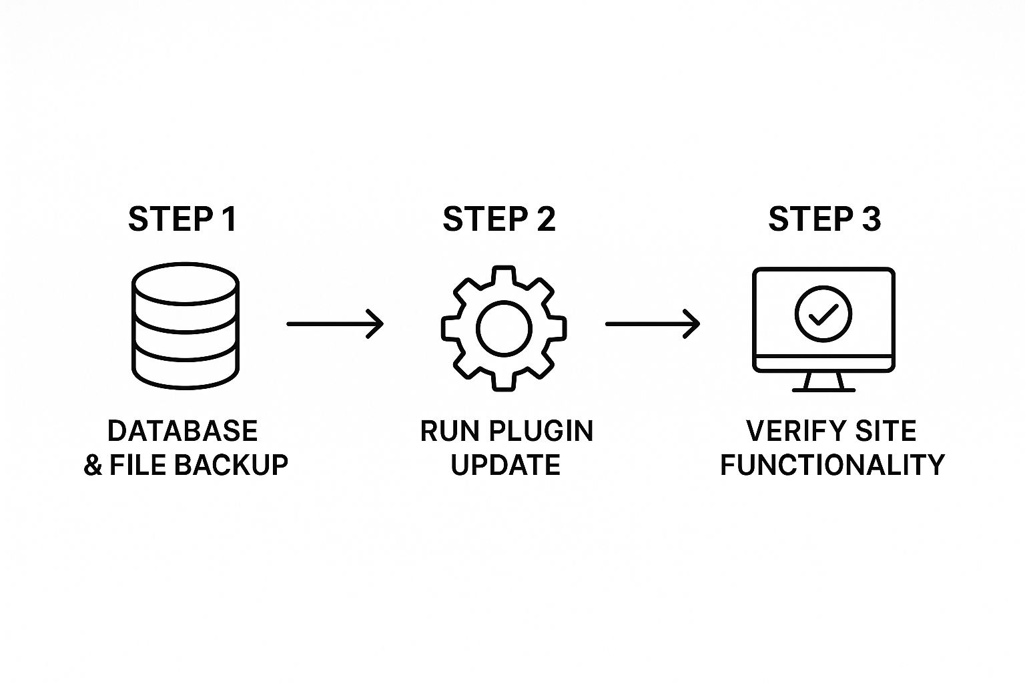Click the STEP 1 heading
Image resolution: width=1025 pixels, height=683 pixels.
[x=183, y=219]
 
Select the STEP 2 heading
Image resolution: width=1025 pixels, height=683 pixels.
[x=499, y=219]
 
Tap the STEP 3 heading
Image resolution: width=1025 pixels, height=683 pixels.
[x=824, y=219]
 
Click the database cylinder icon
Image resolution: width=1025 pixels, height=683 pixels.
[x=186, y=325]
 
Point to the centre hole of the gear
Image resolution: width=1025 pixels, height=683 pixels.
[x=504, y=328]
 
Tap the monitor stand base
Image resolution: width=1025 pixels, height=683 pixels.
[x=823, y=390]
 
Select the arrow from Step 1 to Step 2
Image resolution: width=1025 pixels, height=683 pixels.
[x=335, y=324]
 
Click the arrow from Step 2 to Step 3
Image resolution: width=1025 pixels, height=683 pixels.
[x=653, y=324]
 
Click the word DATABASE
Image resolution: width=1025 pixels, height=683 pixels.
[x=183, y=431]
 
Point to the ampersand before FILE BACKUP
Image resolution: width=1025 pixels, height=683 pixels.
[x=93, y=465]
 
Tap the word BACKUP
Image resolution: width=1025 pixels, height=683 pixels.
[x=231, y=465]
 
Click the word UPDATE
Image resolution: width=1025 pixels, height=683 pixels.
[x=506, y=465]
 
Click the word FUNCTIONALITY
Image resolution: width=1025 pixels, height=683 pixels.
[x=833, y=465]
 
